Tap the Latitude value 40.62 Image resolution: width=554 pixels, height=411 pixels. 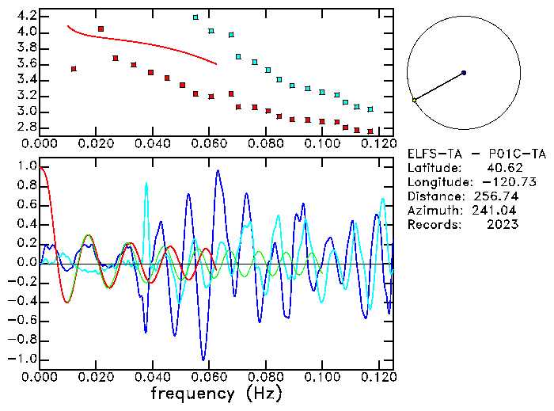coord(501,168)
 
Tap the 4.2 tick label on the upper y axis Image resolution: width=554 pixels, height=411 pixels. coord(26,16)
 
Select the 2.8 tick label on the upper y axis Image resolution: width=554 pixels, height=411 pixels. coord(26,127)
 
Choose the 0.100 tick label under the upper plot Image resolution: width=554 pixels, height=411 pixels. coord(322,143)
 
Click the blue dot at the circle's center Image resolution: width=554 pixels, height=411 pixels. coord(464,73)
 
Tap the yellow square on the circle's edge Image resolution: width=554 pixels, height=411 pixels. coord(414,101)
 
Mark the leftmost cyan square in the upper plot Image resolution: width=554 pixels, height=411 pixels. coord(195,17)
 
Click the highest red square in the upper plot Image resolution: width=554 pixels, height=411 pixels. coord(101,29)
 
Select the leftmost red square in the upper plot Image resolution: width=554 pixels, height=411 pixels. coord(74,69)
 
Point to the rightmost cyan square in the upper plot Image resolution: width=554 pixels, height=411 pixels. coord(370,109)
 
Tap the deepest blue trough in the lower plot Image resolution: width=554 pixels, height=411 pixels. coord(203,359)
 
